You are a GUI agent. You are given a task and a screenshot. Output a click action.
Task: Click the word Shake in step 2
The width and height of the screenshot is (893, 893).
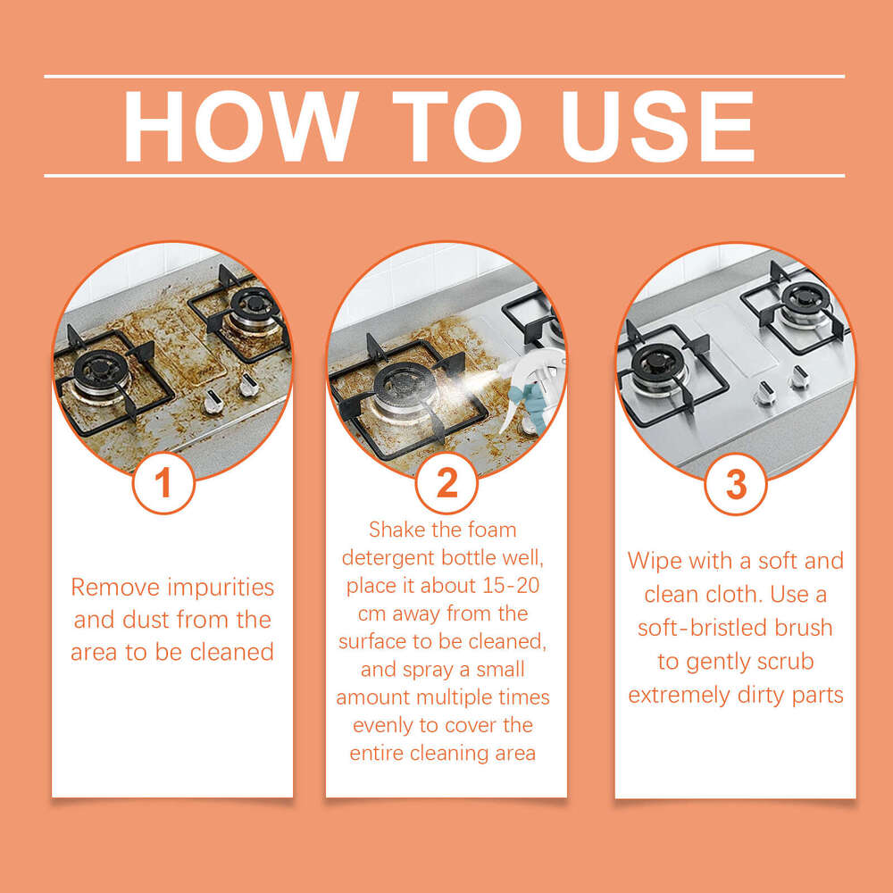400,530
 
